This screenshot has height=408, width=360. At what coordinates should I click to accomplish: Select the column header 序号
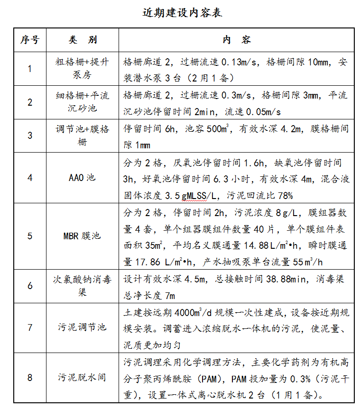(30, 40)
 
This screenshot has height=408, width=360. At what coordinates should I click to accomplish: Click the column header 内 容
(236, 40)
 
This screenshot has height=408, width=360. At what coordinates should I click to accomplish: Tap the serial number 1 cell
(30, 69)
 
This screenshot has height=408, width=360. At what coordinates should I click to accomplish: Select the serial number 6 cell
(30, 286)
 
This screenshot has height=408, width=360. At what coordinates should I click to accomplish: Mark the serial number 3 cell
(30, 135)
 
